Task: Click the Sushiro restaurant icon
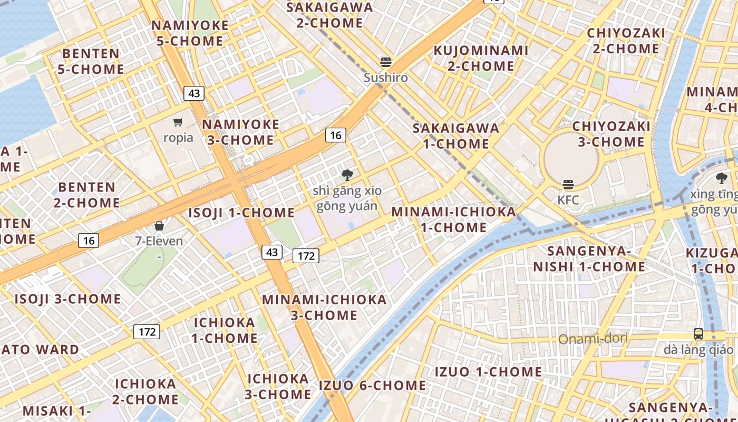386,62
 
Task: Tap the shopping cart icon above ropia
178,122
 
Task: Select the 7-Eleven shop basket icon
159,226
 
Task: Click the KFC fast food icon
568,185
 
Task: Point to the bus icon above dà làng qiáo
698,333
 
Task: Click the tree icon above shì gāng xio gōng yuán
347,175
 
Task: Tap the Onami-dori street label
593,339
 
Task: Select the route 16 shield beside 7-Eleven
89,241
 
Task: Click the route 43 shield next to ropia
194,93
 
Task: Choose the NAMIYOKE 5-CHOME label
190,33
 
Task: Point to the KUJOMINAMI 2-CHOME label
480,58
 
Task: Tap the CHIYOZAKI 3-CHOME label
611,134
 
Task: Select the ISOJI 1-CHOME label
241,213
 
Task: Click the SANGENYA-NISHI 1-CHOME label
589,258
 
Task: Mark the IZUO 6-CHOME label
372,386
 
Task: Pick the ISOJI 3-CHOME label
67,299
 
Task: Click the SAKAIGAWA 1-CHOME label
456,136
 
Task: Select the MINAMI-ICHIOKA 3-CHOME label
324,308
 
